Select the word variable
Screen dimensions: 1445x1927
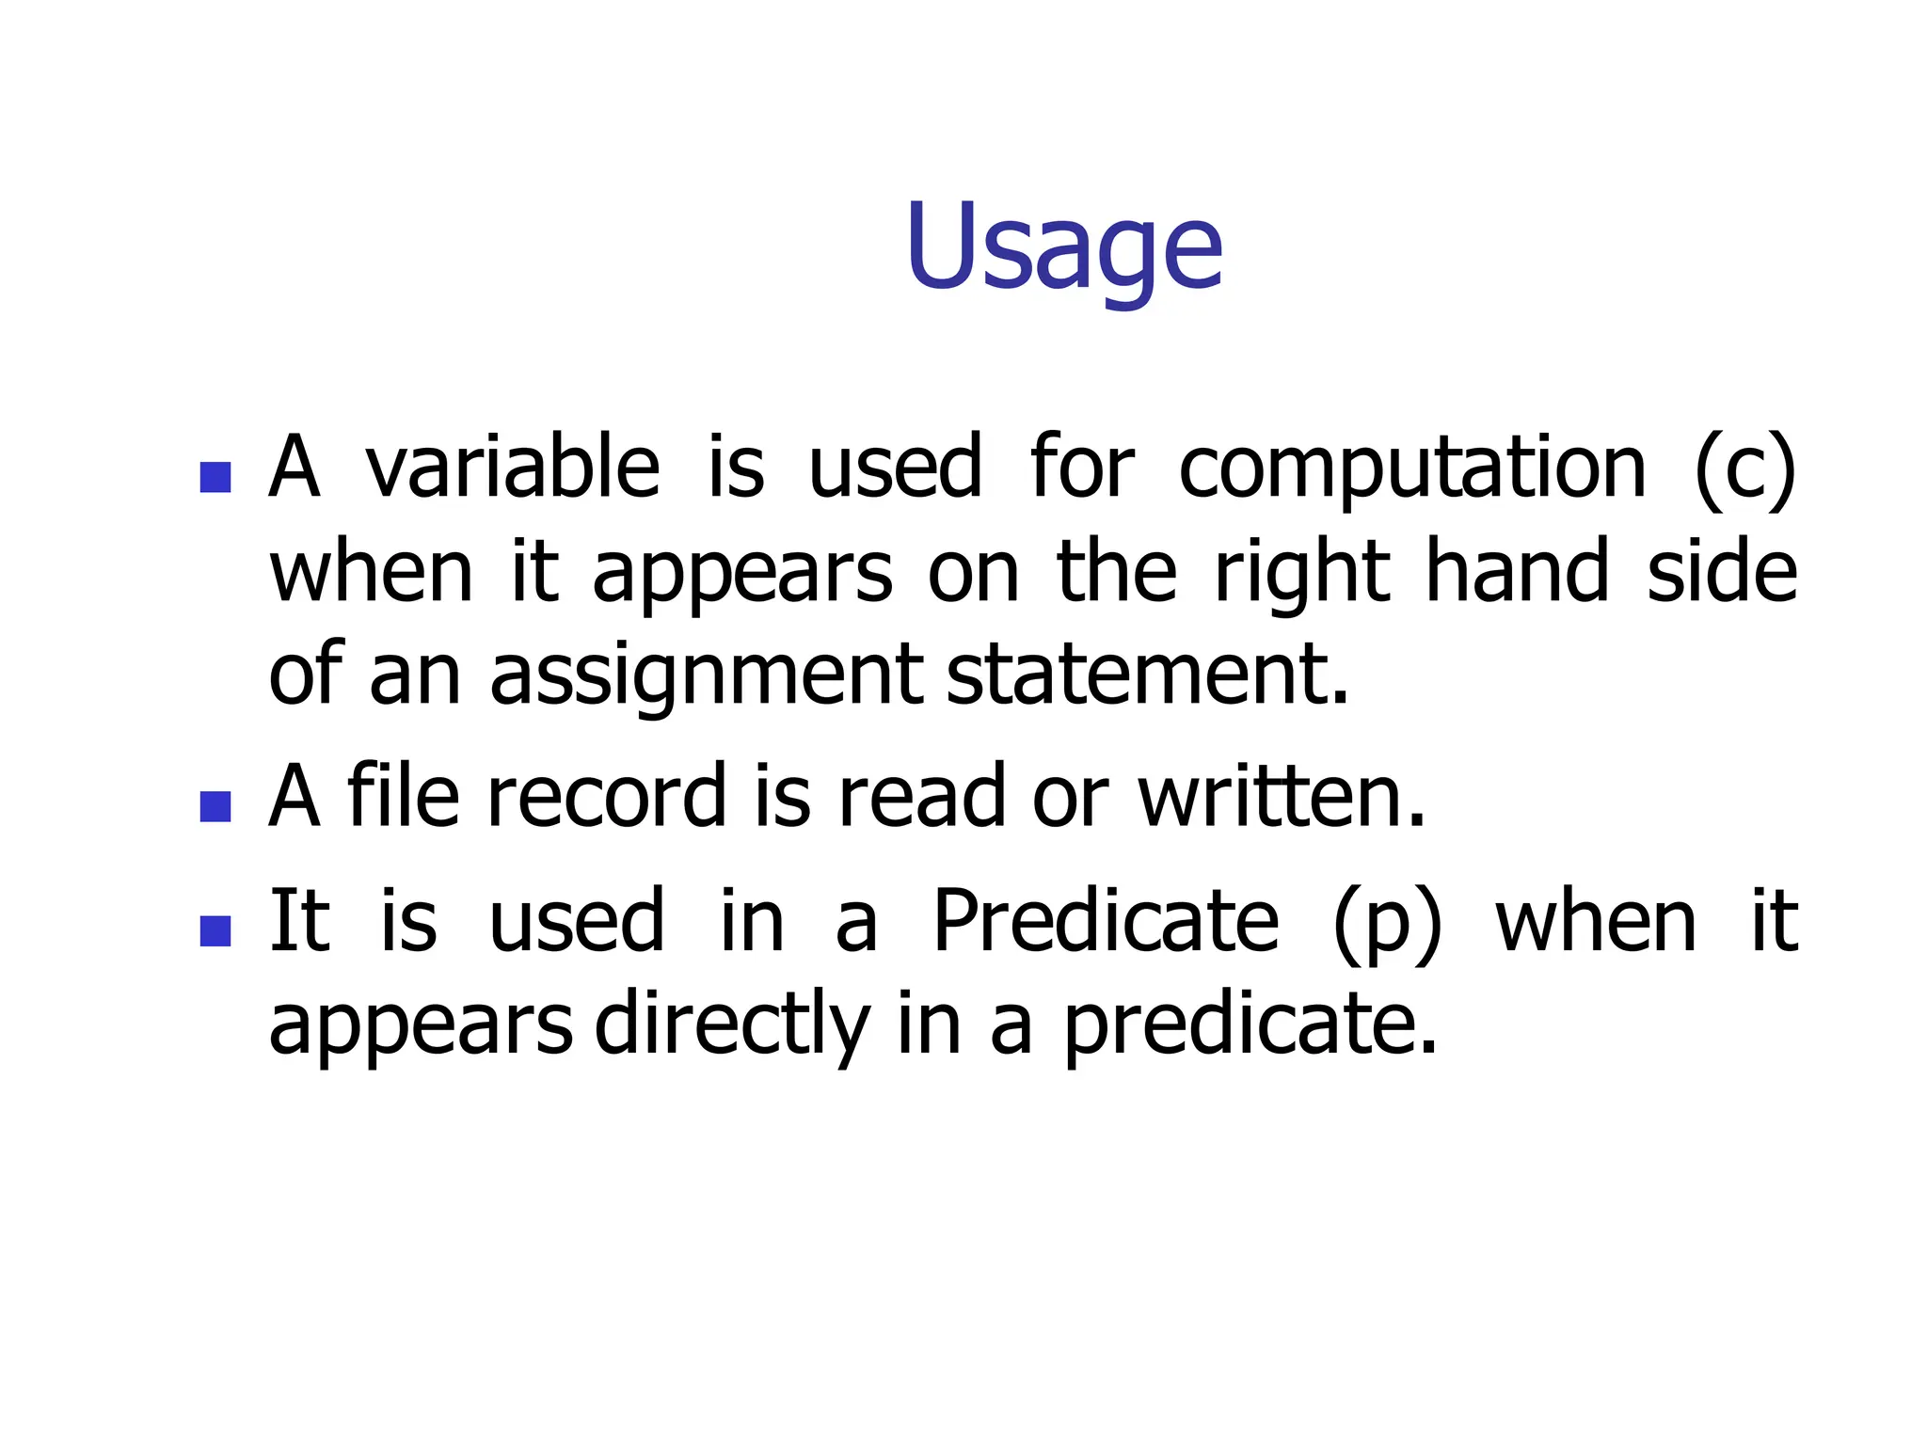pos(513,468)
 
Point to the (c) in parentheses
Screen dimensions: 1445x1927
pos(1744,468)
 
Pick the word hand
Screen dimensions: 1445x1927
pos(1517,571)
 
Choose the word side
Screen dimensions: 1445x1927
pos(1722,571)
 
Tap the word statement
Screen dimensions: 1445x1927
pos(1146,675)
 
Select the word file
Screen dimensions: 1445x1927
pos(403,796)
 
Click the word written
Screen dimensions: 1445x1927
pos(1280,798)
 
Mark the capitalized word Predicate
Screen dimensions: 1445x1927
pos(1105,922)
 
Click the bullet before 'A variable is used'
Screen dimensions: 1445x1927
pos(215,477)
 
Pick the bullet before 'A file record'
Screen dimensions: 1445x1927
pos(215,806)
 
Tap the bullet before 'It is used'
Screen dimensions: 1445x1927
pos(215,930)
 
